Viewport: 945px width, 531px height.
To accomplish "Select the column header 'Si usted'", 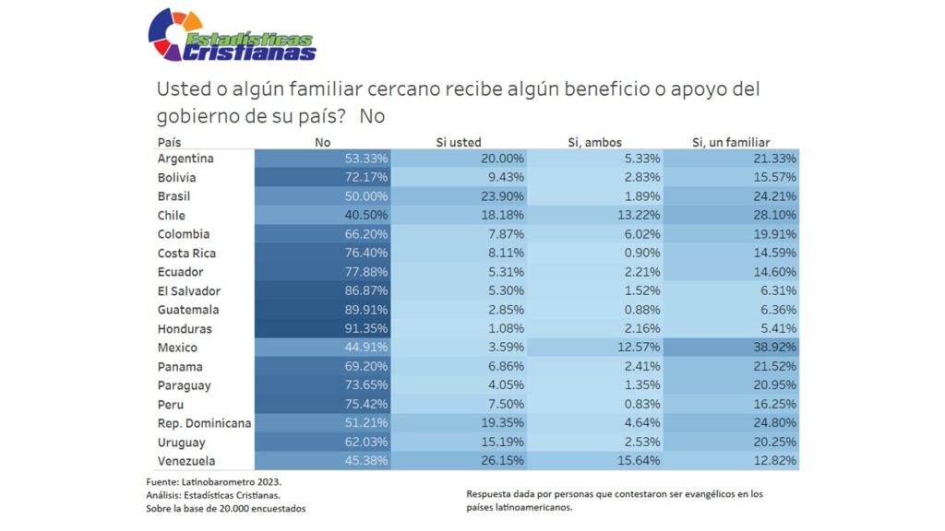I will coord(459,142).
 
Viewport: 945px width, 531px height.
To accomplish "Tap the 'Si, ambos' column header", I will coord(594,142).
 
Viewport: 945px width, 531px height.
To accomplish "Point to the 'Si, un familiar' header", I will coord(731,142).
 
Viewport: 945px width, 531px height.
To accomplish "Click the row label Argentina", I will coord(185,159).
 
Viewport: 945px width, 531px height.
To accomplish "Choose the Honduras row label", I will coord(185,329).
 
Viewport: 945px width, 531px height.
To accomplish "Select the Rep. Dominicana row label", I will coord(204,423).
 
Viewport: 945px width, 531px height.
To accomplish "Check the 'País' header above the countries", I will coord(170,142).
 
